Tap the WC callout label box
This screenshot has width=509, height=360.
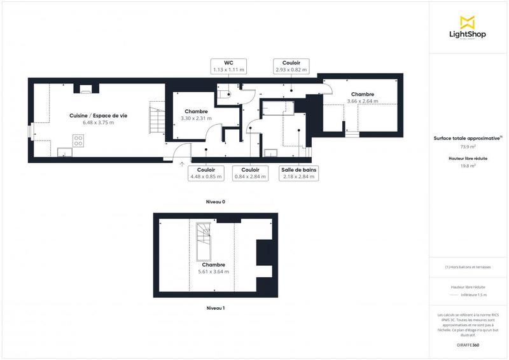tap(228, 66)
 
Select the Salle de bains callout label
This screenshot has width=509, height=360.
tap(298, 173)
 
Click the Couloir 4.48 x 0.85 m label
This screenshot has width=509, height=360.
tap(206, 173)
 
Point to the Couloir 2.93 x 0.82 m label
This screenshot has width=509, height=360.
tap(291, 66)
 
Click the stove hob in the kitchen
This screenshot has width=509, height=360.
tap(79, 141)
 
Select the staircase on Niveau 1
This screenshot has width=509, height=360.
tap(204, 241)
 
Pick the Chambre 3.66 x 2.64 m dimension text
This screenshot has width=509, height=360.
tap(362, 101)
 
